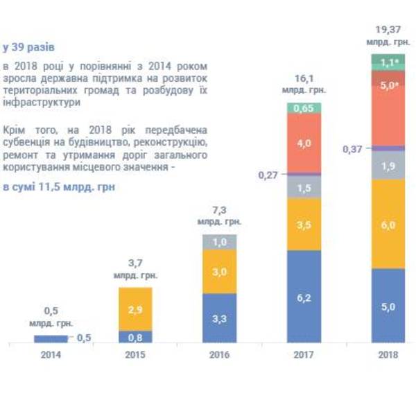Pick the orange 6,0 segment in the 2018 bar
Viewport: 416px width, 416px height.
388,225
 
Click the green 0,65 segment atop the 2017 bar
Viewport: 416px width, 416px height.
304,107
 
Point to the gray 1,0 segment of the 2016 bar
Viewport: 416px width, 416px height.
219,242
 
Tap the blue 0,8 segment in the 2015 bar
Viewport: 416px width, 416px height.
135,337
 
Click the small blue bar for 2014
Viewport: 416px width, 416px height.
51,338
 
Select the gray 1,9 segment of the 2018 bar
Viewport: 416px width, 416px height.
388,165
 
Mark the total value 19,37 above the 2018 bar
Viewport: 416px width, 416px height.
388,31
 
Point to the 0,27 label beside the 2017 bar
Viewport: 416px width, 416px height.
268,175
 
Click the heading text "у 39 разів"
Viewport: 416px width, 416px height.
28,48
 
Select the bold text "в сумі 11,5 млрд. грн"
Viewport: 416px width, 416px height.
58,187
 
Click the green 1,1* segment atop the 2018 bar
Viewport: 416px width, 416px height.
388,62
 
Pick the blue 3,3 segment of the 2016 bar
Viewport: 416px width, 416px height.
219,318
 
